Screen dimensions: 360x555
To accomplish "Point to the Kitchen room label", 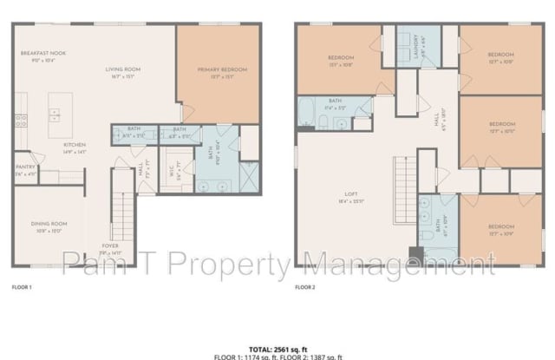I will (75, 146).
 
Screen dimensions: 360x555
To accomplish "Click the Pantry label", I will (26, 168).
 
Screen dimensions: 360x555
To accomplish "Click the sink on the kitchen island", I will (54, 112).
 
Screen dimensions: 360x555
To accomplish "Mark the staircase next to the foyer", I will (126, 217).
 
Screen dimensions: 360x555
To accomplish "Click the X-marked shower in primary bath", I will (248, 183).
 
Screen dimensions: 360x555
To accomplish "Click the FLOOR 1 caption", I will (21, 285).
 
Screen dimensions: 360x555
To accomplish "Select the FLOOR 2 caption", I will (304, 285).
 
